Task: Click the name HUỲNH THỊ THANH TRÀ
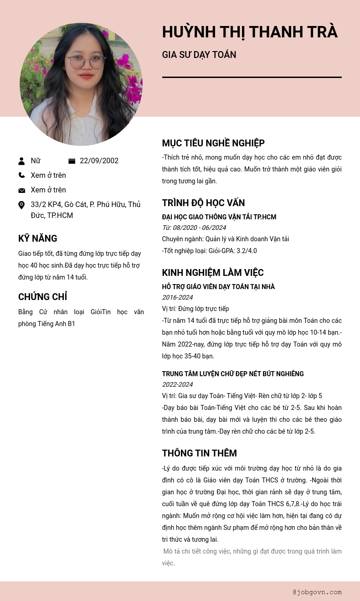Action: coord(250,32)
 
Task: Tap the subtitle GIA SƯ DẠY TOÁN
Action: coord(199,55)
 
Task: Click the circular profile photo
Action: coord(81,84)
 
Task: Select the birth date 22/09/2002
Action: coord(99,161)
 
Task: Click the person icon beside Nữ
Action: coord(21,161)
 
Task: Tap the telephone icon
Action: coord(21,175)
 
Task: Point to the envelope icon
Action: coord(21,190)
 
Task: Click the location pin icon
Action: coord(21,205)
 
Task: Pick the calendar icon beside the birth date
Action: coord(72,161)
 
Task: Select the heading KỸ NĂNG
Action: coord(38,238)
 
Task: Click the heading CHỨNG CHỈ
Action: coord(43,297)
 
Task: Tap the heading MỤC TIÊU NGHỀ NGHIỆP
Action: coord(213,143)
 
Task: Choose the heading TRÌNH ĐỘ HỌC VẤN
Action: coord(203,203)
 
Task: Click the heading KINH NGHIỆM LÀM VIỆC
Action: coord(213,273)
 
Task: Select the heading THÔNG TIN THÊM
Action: coord(199,453)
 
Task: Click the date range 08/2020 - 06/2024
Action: coord(199,228)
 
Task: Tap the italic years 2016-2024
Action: coord(177,297)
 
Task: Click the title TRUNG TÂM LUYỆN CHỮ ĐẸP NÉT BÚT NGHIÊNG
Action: coord(233,374)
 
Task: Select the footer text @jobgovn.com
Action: coord(317,592)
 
